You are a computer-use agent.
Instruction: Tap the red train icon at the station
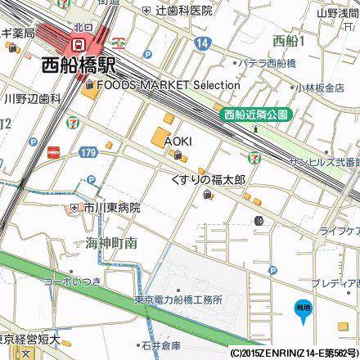(x=79, y=43)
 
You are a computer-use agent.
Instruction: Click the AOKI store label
(x=178, y=140)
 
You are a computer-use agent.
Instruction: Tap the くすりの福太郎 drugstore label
(x=208, y=178)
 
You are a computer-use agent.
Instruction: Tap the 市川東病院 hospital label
(x=110, y=208)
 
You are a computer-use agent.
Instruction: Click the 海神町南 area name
(x=110, y=242)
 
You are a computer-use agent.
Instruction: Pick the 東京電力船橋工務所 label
(x=178, y=300)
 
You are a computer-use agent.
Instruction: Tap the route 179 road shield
(x=88, y=151)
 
